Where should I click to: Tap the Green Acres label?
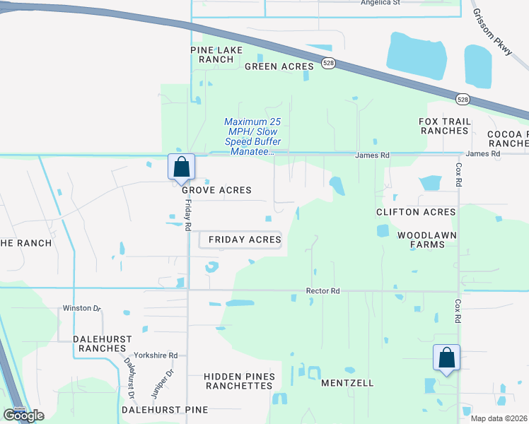click(x=279, y=66)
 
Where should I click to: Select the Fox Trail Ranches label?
click(x=444, y=126)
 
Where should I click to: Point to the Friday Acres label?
click(x=245, y=240)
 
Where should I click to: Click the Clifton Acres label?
click(x=416, y=212)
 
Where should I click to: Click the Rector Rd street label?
click(x=323, y=290)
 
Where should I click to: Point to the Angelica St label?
click(x=390, y=3)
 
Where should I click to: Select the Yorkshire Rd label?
click(x=157, y=355)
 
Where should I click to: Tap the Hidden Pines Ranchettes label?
click(x=238, y=382)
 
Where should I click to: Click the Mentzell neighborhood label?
click(x=347, y=383)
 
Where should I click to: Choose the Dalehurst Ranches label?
click(x=103, y=343)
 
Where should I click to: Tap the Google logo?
click(x=23, y=415)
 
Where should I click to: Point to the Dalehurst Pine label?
click(x=165, y=410)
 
